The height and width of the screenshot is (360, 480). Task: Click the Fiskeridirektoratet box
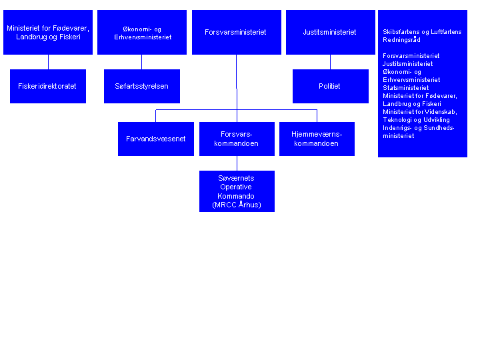coord(48,86)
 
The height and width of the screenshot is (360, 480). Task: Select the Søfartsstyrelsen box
coord(142,86)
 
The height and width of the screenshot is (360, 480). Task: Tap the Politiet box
coord(330,86)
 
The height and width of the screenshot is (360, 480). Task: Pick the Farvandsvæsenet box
coord(156,139)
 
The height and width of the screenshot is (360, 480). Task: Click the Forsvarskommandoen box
coord(237,139)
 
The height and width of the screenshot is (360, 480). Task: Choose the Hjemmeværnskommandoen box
coord(317,139)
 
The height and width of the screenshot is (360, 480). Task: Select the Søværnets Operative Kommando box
coord(237,191)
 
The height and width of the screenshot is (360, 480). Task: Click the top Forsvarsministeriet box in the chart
coord(237,32)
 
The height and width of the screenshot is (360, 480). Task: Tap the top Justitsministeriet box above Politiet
coord(331,32)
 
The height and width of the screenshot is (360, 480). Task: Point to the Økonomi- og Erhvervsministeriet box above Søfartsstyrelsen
coord(142,32)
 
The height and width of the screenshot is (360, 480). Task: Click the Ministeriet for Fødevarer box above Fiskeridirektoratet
coord(48,32)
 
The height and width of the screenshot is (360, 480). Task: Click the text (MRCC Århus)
coord(237,205)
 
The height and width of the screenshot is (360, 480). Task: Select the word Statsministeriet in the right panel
coord(405,88)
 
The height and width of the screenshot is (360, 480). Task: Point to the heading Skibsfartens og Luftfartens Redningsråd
coord(422,36)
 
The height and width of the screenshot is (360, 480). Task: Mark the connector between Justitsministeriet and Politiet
coord(330,62)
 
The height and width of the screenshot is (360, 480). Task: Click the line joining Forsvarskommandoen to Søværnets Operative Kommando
coord(237,163)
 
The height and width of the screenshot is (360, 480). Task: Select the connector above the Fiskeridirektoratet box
coord(48,62)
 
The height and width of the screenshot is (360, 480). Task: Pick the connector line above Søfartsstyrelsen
coord(142,62)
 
